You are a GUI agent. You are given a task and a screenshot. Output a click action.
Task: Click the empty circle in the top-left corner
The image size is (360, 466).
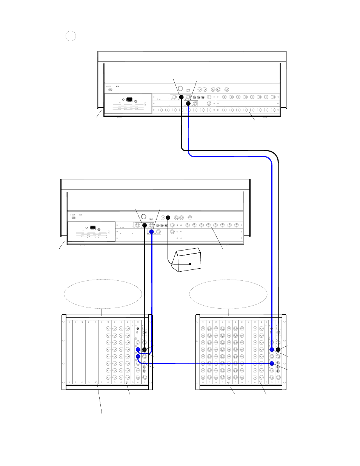click(71, 36)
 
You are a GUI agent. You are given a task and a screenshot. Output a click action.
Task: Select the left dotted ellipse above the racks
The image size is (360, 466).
click(103, 294)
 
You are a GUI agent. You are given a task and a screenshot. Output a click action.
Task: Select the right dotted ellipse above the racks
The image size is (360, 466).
click(228, 294)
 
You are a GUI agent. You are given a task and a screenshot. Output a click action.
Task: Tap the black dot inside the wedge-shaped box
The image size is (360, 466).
click(190, 264)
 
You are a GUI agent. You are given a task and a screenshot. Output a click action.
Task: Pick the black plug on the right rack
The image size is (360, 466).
click(278, 350)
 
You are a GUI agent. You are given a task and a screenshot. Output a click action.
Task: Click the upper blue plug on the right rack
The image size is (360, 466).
click(272, 350)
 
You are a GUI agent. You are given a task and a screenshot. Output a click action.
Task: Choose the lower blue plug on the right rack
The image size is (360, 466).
click(272, 363)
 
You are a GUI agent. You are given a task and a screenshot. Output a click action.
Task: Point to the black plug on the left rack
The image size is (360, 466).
click(144, 350)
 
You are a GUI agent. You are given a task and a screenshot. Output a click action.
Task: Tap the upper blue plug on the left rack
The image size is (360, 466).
click(138, 350)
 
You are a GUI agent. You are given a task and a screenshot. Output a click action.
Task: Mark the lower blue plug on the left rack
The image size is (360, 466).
click(138, 357)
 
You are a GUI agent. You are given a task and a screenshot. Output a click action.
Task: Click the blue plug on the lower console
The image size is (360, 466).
click(151, 231)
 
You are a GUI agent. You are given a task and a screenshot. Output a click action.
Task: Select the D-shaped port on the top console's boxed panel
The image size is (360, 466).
click(129, 100)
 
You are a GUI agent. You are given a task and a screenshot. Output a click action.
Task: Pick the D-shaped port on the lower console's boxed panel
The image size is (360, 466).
click(93, 228)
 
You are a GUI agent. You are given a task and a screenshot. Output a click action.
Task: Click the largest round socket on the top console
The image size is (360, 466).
click(180, 89)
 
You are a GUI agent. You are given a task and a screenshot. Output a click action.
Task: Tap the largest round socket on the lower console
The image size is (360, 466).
click(143, 217)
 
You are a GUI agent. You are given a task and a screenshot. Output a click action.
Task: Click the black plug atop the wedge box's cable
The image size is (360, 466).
click(168, 218)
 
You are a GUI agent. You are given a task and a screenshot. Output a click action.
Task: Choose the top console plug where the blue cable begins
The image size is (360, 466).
click(188, 103)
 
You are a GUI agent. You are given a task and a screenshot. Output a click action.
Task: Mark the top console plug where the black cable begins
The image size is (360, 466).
click(181, 97)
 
